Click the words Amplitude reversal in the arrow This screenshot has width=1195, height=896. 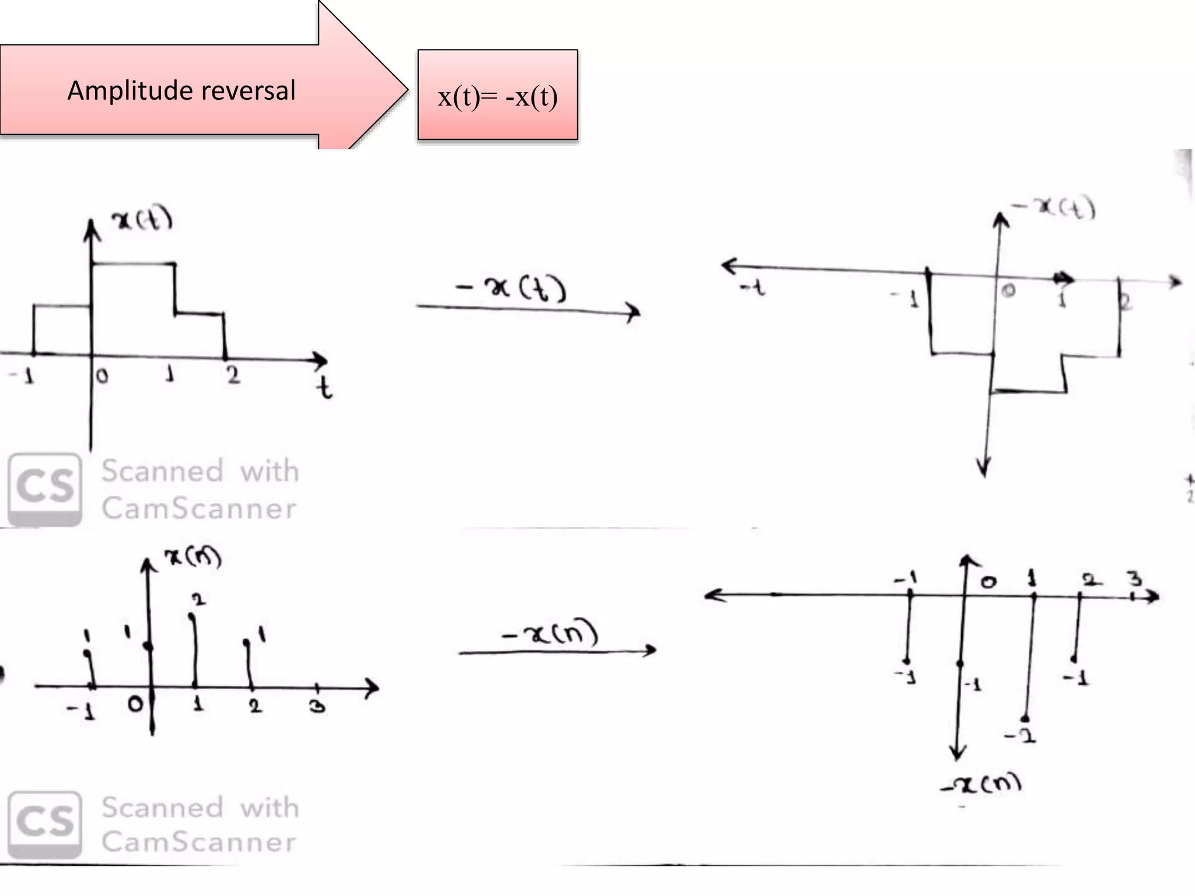[181, 91]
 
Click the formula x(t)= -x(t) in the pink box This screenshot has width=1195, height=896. [498, 97]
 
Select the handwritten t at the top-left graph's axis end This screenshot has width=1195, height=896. [325, 388]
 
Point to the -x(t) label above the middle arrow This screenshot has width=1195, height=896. [511, 288]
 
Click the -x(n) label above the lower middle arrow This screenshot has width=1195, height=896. [550, 632]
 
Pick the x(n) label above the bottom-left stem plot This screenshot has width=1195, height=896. [193, 557]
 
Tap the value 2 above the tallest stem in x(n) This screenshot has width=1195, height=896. [199, 599]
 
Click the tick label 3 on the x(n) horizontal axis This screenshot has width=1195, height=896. [317, 706]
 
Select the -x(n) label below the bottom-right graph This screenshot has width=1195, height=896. [981, 784]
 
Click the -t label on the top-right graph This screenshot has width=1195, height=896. [752, 288]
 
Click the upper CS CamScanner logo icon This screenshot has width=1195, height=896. [45, 489]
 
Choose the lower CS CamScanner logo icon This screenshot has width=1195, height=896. [45, 824]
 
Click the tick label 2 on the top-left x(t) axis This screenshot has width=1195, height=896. [233, 374]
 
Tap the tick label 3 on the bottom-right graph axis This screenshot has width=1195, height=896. [1134, 579]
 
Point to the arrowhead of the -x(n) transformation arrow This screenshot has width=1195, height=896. [649, 650]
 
